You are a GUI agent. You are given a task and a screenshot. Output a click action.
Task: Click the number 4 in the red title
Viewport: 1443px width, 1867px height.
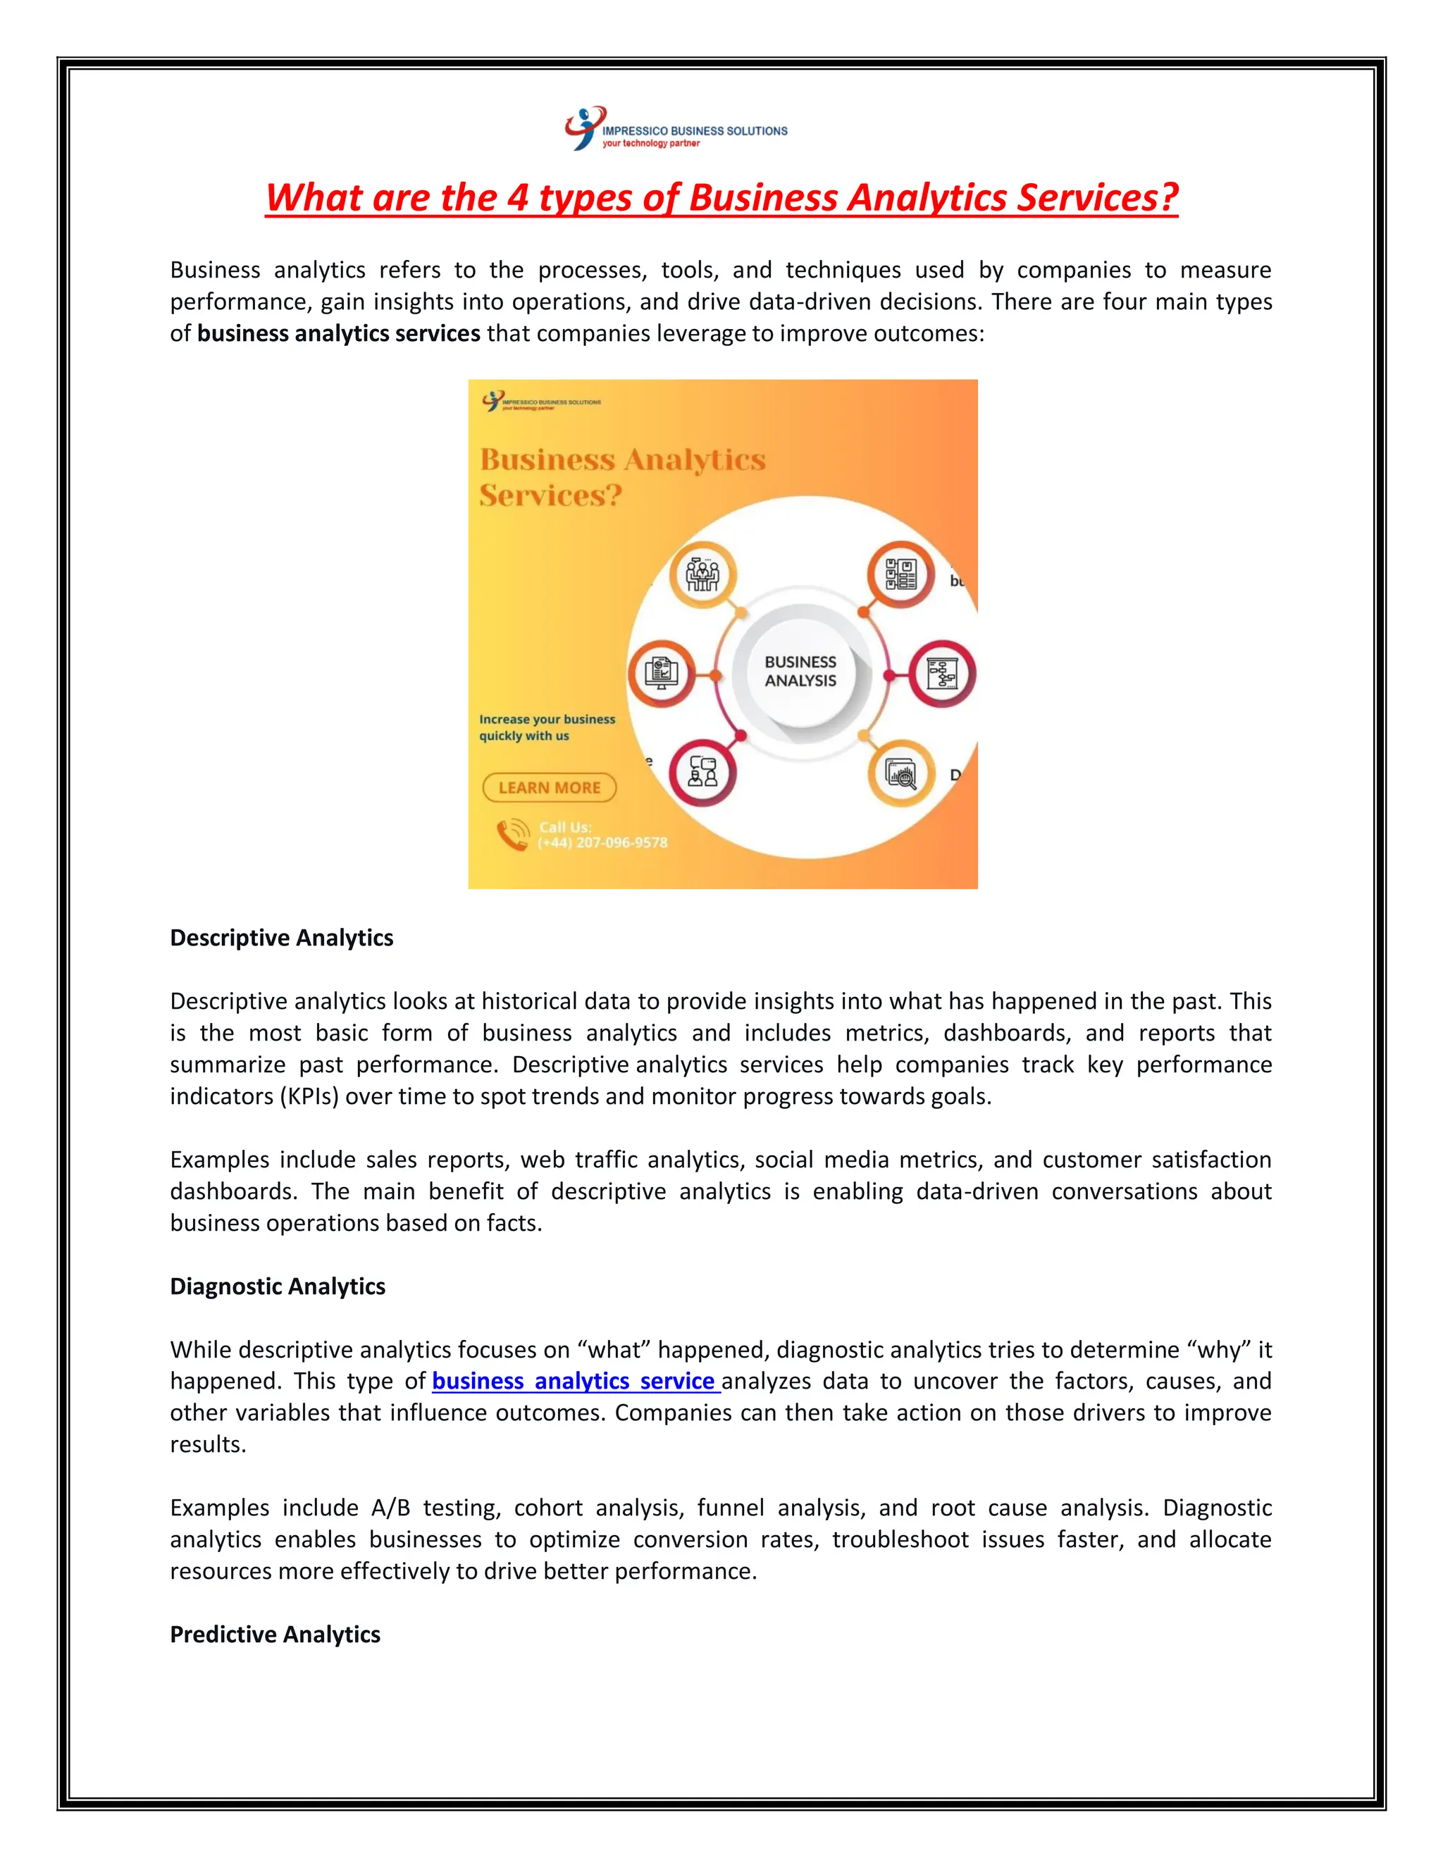[x=517, y=197]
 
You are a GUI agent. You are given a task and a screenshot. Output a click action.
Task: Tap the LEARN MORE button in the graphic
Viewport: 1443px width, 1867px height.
[x=550, y=788]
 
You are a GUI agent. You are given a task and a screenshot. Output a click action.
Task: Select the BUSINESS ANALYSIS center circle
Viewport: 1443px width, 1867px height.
[x=800, y=672]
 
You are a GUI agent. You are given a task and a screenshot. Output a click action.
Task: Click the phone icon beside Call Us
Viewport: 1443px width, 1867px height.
[x=513, y=834]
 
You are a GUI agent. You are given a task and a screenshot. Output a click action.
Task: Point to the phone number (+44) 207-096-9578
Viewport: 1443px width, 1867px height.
[x=602, y=843]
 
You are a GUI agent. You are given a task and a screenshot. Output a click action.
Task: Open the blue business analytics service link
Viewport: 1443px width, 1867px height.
[x=574, y=1382]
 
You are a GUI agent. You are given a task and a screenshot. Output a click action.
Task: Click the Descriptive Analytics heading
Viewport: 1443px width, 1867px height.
[x=281, y=938]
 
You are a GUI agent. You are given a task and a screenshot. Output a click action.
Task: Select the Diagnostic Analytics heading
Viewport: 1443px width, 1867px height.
[x=277, y=1286]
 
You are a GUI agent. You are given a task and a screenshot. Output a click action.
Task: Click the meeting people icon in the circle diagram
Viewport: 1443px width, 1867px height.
[x=702, y=574]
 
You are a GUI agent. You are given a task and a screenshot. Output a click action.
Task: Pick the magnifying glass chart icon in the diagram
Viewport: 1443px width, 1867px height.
[x=901, y=774]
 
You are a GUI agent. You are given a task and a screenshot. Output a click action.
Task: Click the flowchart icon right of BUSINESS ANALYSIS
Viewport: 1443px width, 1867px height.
[x=942, y=674]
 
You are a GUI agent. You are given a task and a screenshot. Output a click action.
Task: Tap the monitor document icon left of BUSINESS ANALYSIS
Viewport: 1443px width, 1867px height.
[x=661, y=674]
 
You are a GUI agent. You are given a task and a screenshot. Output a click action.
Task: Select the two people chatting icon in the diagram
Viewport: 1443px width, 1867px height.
[x=702, y=772]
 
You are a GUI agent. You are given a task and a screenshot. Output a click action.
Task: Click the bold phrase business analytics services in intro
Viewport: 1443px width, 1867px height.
[x=338, y=333]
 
